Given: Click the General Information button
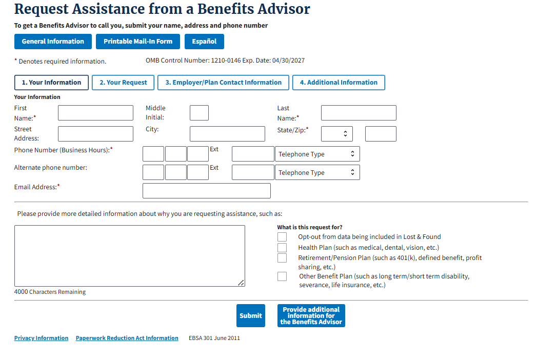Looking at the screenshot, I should pos(53,42).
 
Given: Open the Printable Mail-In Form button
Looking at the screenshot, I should pos(138,42).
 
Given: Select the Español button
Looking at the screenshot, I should pos(204,42).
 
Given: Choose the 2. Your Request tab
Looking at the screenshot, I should pos(123,83).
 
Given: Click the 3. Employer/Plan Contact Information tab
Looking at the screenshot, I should pos(223,83).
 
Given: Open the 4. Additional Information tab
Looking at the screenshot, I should pos(339,83).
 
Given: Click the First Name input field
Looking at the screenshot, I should pos(95,113).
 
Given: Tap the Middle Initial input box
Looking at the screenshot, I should pos(199,113).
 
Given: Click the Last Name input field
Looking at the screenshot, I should pos(359,113).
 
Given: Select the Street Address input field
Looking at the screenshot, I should pos(95,134).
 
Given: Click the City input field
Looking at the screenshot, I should pos(227,134).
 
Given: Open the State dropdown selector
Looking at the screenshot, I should pos(337,134).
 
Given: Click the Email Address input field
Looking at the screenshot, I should pos(206,191).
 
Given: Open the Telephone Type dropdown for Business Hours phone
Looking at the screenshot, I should pos(317,154).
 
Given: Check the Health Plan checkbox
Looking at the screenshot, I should pos(282,248).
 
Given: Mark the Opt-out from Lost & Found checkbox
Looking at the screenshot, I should pos(282,237).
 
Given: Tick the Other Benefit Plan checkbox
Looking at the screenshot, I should pos(282,276).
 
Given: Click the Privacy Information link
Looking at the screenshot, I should pos(41,338).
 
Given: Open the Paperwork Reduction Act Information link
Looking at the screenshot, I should pos(127,338).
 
